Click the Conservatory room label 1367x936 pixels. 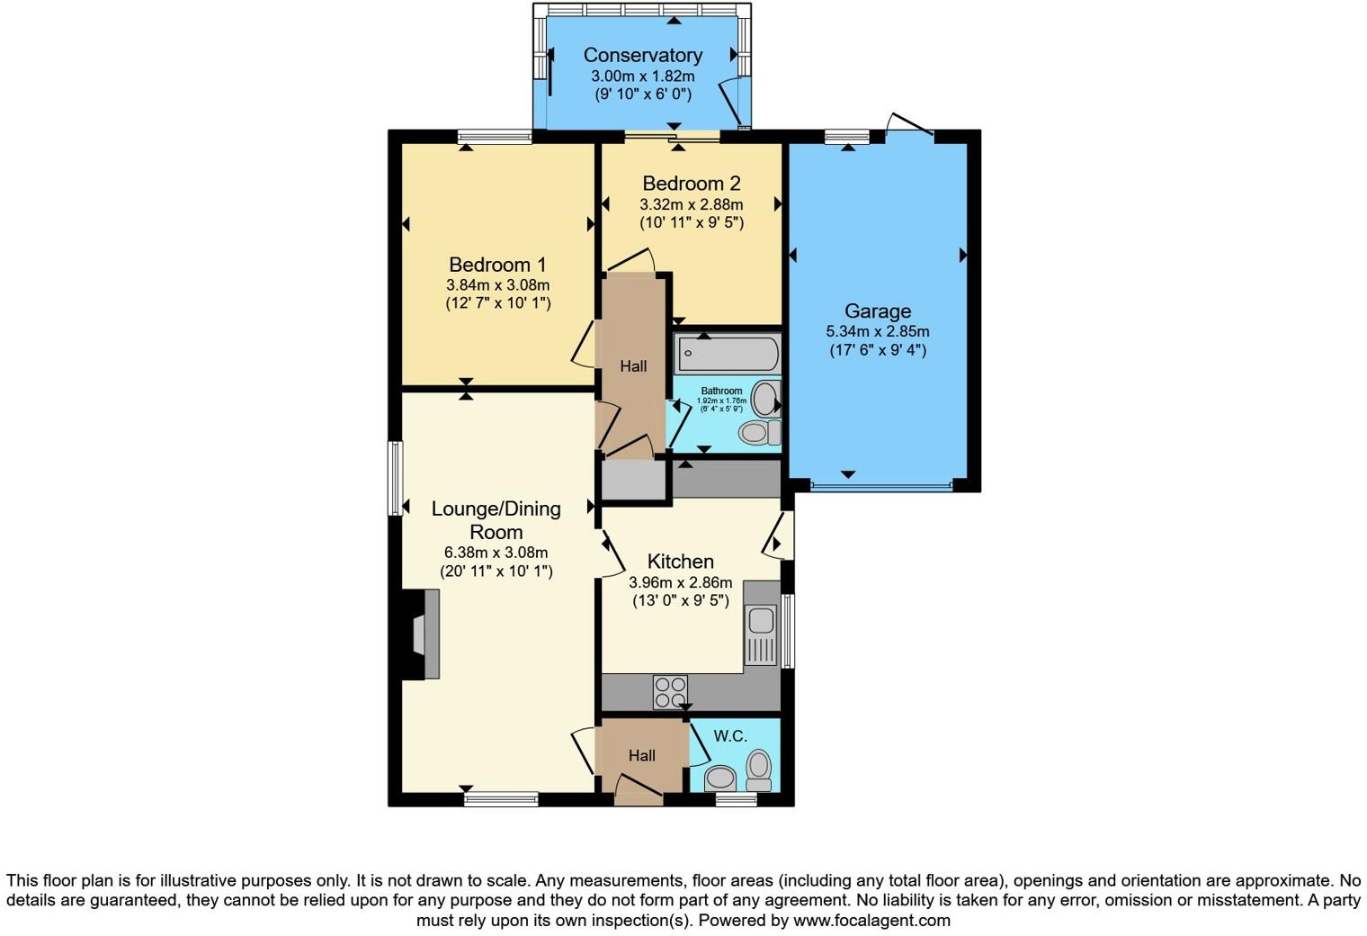click(642, 55)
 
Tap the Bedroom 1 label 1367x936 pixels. click(497, 265)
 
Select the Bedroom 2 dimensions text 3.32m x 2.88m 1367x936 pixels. click(691, 204)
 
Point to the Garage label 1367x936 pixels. click(877, 311)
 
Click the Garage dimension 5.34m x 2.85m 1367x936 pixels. click(877, 331)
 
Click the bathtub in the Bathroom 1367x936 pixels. click(727, 353)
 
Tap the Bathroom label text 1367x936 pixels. click(721, 391)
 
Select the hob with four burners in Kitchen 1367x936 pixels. click(670, 692)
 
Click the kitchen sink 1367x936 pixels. click(761, 620)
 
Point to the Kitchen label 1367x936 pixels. click(680, 562)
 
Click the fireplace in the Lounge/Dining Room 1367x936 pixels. click(422, 634)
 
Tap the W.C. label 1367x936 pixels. click(730, 736)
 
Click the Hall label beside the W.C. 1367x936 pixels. click(641, 756)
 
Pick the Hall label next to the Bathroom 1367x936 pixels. click(633, 366)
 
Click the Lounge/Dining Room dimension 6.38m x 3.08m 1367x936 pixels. click(496, 553)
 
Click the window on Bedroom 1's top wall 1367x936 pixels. click(495, 137)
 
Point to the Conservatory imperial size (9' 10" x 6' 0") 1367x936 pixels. click(642, 94)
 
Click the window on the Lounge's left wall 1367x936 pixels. click(395, 478)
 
